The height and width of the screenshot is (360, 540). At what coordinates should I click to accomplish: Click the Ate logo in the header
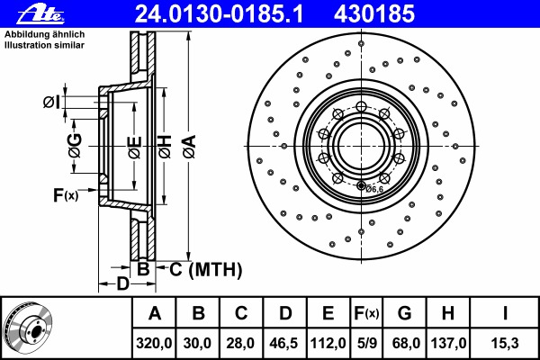[26, 13]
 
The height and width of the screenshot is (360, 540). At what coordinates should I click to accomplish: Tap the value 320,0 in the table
[155, 343]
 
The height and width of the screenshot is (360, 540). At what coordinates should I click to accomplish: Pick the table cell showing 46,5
[284, 343]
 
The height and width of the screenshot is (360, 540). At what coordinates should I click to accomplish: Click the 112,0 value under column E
[328, 343]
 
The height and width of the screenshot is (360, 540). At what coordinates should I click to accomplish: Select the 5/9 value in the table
[366, 343]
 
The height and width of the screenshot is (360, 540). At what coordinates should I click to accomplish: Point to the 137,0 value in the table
[447, 343]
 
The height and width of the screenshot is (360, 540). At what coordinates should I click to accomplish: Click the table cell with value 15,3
[505, 343]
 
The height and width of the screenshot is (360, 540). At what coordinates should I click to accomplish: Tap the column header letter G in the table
[404, 314]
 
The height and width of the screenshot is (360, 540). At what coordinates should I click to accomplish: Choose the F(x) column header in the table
[366, 314]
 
